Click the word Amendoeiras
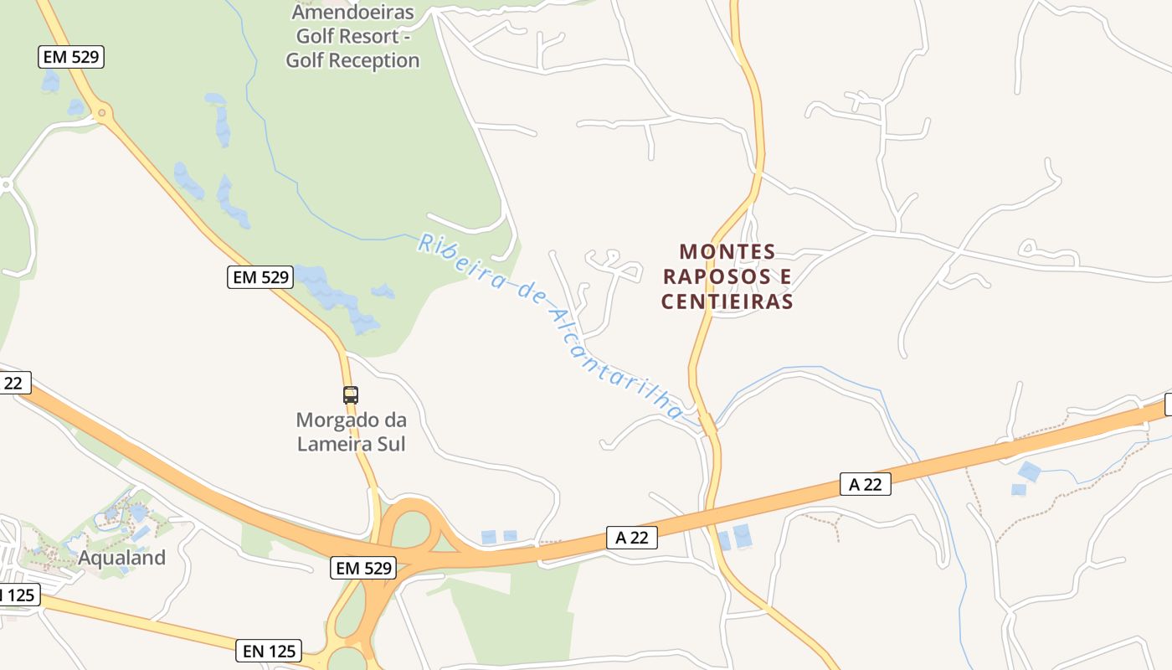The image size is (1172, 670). [x=352, y=13]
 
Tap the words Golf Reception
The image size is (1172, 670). [x=352, y=60]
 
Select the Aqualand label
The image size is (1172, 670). [x=122, y=558]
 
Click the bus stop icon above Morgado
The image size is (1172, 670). [x=351, y=394]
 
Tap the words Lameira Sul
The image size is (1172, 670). [x=351, y=444]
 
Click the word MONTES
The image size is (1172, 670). [x=727, y=252]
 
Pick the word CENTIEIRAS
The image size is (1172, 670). [x=727, y=302]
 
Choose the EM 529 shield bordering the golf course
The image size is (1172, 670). [x=260, y=277]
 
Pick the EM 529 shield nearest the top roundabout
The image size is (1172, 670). [x=71, y=57]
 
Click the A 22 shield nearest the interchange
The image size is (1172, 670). [x=631, y=538]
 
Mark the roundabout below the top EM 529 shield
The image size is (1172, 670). [x=103, y=111]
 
